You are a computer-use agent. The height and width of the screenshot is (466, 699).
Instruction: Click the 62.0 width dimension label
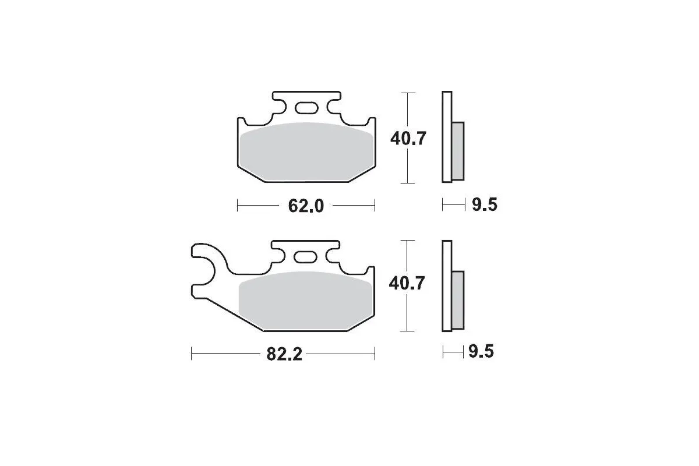point(306,206)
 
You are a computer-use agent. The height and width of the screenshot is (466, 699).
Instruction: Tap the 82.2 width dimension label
point(284,354)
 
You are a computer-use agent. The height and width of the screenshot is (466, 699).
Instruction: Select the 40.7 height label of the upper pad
point(408,139)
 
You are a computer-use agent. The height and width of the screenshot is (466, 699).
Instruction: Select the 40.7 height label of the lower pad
point(407,284)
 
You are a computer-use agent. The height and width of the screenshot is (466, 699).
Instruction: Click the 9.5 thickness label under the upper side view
point(484,205)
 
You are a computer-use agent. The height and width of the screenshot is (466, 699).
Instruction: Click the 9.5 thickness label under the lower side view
point(481,351)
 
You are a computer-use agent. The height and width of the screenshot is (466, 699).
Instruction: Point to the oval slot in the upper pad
point(306,108)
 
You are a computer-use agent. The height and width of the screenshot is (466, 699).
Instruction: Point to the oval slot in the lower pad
point(305,257)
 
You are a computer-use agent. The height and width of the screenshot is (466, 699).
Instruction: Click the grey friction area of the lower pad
point(305,301)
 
